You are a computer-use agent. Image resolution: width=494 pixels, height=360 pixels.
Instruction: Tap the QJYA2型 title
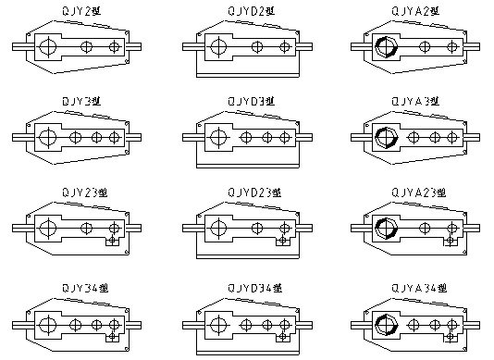(x=416, y=10)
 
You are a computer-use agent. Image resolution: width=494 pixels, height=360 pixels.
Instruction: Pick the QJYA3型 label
(x=416, y=99)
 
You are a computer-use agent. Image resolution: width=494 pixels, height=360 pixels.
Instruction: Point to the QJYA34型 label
(x=417, y=289)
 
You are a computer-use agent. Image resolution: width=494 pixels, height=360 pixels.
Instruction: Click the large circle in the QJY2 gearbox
(x=48, y=46)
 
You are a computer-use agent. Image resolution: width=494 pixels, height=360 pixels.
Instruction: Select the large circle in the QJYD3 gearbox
(x=218, y=137)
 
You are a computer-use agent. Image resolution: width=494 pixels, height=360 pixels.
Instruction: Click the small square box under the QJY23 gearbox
(x=112, y=242)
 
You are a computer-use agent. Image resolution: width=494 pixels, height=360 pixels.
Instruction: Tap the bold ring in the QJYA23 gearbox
(x=382, y=229)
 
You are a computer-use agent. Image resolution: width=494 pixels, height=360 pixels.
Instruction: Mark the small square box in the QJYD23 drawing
(x=280, y=242)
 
